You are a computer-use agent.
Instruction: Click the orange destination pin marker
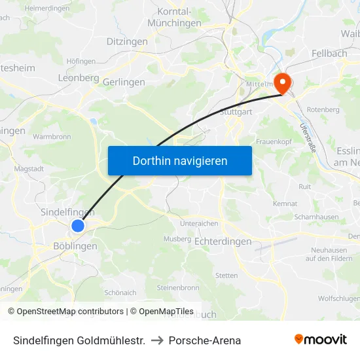click(x=283, y=82)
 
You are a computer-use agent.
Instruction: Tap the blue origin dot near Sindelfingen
click(x=78, y=226)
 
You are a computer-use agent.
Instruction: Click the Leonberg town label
click(x=79, y=77)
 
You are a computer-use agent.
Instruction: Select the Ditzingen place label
click(x=126, y=41)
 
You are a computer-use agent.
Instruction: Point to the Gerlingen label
click(x=124, y=82)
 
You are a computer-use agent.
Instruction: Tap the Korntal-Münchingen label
click(x=174, y=17)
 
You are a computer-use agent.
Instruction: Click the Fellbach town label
click(x=330, y=52)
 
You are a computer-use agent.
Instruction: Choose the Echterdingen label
click(x=223, y=242)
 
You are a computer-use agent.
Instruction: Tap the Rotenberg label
click(x=323, y=109)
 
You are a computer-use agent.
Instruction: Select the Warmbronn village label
click(x=51, y=137)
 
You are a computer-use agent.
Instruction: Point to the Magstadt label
click(x=28, y=169)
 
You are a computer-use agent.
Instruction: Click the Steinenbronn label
click(x=177, y=287)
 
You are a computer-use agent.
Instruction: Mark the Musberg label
click(x=177, y=239)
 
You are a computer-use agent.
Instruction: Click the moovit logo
click(x=321, y=339)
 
